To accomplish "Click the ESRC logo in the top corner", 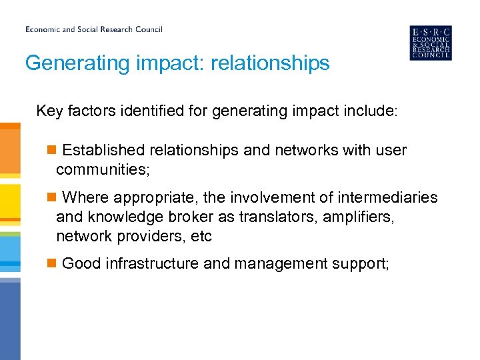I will click(430, 43).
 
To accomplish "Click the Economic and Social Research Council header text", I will click(94, 29).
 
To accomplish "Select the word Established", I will click(103, 151).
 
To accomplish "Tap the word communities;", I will click(103, 170).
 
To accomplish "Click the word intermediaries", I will click(389, 198).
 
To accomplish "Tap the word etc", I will click(201, 237).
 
